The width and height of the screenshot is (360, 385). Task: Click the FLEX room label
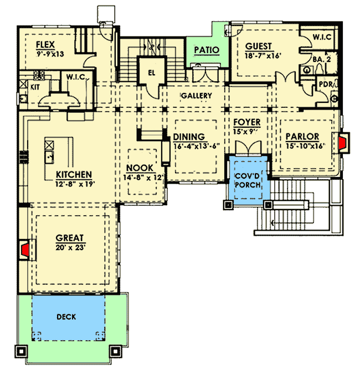[45, 44]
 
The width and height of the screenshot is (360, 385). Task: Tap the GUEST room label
[258, 46]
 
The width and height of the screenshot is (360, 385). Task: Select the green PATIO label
[206, 50]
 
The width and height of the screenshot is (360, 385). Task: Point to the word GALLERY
[197, 96]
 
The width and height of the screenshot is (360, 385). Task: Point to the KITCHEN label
[74, 174]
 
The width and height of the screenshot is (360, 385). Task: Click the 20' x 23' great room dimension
[70, 248]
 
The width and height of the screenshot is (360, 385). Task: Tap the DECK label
[66, 317]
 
